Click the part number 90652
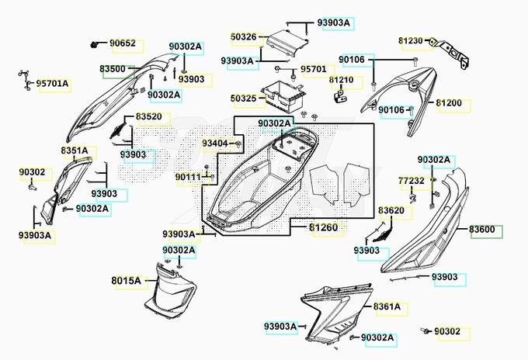point(123,43)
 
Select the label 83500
point(113,68)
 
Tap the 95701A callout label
point(52,83)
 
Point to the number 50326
point(244,36)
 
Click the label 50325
point(244,99)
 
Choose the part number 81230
point(411,40)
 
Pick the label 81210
point(341,80)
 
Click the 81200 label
point(449,103)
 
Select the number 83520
point(149,116)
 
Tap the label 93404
point(215,144)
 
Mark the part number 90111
point(188,177)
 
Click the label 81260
point(323,227)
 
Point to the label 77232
point(412,181)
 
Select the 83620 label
point(391,210)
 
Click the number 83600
point(482,230)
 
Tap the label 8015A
point(126,280)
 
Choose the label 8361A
point(387,306)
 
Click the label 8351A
point(75,151)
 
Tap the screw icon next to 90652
point(94,44)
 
